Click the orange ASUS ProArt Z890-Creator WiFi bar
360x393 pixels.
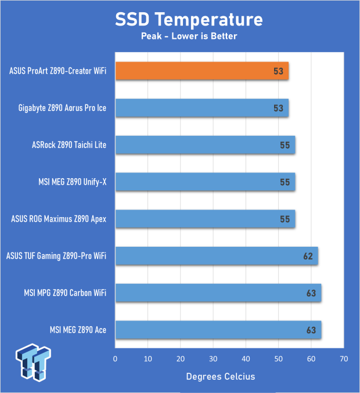(x=202, y=71)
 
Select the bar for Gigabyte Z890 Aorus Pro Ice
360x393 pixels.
(x=202, y=108)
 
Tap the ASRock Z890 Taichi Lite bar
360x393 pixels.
(x=205, y=145)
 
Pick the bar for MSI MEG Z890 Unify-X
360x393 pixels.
(x=205, y=182)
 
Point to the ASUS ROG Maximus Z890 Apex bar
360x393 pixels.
(x=205, y=219)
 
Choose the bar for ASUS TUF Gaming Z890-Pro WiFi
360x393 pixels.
(x=217, y=255)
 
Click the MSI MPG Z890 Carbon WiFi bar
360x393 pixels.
(x=218, y=293)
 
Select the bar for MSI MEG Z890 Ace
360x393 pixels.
(x=218, y=330)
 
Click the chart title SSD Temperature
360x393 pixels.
(x=189, y=20)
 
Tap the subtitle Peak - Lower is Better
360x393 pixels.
(x=189, y=36)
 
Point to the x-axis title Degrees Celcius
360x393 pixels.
(x=220, y=377)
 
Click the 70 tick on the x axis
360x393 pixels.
(x=344, y=359)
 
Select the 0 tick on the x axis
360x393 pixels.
(x=116, y=359)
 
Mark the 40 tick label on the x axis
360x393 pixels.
(x=246, y=359)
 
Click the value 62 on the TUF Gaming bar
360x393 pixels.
(x=307, y=256)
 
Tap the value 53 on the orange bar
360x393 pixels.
(x=278, y=72)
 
